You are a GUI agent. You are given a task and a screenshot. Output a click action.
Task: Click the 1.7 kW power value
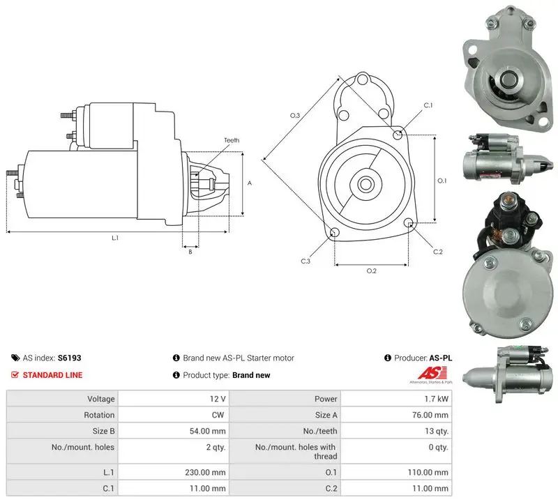pos(437,399)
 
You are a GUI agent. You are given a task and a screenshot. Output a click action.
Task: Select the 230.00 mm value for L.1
pos(205,473)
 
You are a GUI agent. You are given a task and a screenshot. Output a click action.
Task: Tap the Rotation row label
pos(99,415)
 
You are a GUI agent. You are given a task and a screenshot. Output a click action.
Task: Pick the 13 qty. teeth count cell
pos(437,431)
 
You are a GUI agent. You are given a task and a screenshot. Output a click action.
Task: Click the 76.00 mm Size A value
pos(430,415)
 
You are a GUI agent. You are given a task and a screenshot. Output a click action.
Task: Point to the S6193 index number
pos(69,358)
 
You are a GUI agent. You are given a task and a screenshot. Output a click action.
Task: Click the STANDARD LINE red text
pos(53,375)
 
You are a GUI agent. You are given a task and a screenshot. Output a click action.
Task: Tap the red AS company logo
pos(432,374)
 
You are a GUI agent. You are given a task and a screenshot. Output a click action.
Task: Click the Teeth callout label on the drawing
pos(232,140)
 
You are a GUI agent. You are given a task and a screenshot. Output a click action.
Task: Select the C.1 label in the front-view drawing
pos(428,105)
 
